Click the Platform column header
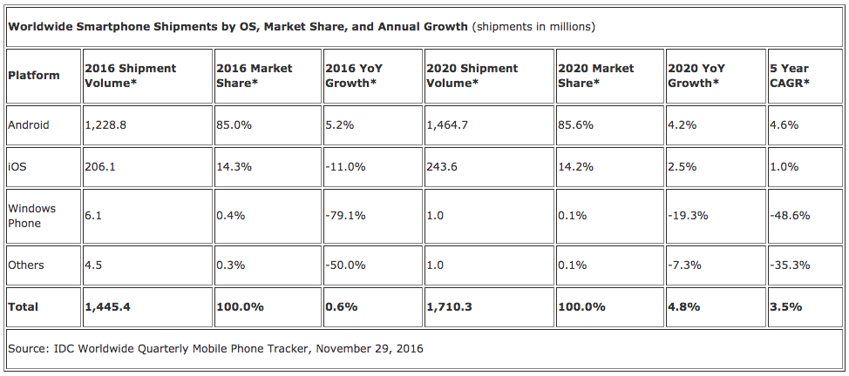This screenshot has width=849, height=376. pos(34,75)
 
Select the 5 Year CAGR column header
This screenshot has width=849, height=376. pos(789,75)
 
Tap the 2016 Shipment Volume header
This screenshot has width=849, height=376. pos(130,75)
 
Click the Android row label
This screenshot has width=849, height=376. pos(29,124)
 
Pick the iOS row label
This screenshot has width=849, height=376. pos(17,167)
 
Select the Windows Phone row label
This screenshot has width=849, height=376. pos(31,216)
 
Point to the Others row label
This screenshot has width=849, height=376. pos(25,265)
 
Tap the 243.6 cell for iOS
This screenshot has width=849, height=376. pos(443,167)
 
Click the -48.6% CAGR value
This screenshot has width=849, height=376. pos(786,216)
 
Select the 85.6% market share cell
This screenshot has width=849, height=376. pos(576,124)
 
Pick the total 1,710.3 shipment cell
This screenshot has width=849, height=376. pos(450,306)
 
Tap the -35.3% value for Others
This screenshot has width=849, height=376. pos(786,265)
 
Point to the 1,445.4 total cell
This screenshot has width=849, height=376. pos(108,306)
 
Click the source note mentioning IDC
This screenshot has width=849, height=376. pos(215,348)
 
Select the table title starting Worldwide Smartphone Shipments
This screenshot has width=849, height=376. pos(238,26)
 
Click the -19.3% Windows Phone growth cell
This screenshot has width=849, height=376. pos(688,216)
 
